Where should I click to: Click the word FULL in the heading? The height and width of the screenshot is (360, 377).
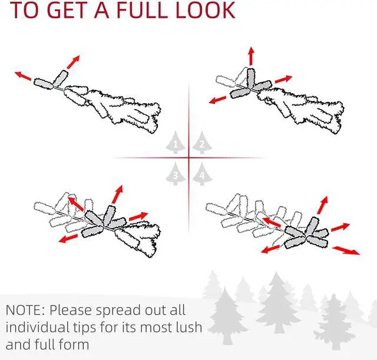tap(143, 10)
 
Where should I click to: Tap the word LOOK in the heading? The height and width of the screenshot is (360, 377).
tap(206, 10)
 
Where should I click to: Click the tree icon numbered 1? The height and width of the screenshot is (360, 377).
tap(176, 143)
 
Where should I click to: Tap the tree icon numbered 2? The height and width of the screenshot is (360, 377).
tap(202, 143)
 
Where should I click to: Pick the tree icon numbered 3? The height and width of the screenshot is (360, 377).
tap(176, 174)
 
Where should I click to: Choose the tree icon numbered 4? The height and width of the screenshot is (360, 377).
tap(202, 174)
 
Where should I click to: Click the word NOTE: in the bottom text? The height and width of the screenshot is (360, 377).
tap(25, 311)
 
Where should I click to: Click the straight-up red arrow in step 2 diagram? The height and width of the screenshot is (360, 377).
tap(251, 56)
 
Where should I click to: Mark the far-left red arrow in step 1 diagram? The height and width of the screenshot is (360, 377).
tap(23, 76)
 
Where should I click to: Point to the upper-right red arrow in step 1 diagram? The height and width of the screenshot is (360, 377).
tap(73, 62)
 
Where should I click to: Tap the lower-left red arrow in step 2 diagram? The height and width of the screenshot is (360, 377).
tap(217, 100)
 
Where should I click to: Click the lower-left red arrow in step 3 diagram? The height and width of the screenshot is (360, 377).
tap(68, 239)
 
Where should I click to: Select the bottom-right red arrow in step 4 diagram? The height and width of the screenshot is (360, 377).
tap(346, 250)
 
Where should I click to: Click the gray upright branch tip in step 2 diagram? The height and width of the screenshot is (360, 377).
tap(250, 78)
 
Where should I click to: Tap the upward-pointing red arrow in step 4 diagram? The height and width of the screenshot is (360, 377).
tap(322, 205)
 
